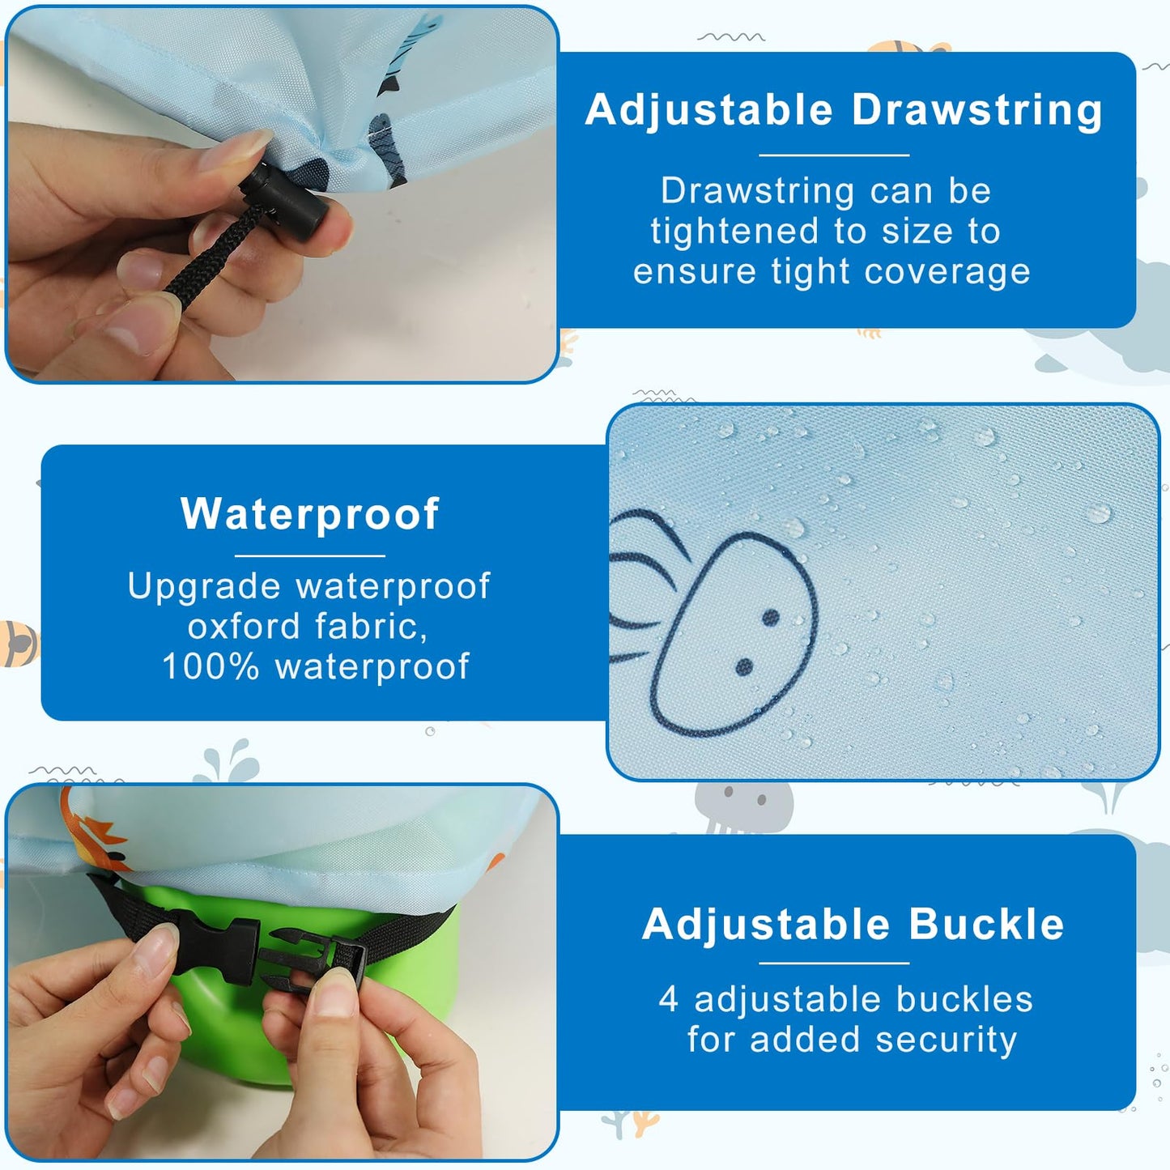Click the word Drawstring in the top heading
tap(977, 111)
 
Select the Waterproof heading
tap(310, 514)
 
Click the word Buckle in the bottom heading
tap(986, 925)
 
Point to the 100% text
tap(211, 667)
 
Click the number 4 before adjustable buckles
tap(668, 999)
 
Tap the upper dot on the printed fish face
tap(771, 618)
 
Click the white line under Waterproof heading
tap(310, 556)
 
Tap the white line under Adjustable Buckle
tap(834, 964)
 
